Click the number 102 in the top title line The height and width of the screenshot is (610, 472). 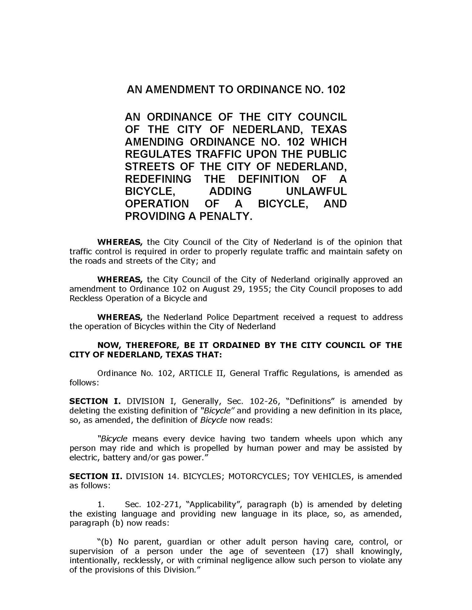tap(336, 89)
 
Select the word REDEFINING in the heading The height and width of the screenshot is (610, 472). tap(158, 179)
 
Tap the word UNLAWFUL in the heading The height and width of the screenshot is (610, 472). tap(316, 191)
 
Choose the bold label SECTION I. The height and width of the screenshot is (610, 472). tap(95, 401)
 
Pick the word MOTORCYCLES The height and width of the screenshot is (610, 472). tap(258, 476)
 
